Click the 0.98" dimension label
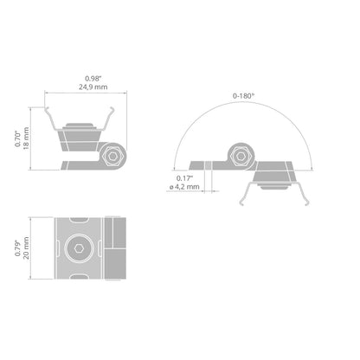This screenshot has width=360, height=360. pos(93,78)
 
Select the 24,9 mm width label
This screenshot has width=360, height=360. pos(93,87)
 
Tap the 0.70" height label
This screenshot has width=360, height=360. pos(18,138)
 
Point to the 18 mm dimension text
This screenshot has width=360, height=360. pos(26,138)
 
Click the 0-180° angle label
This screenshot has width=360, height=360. pos(244,96)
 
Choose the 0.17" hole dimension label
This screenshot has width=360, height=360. pos(184,178)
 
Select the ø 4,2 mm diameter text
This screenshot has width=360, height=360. pos(184,187)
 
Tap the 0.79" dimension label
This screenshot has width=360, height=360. pos(18,248)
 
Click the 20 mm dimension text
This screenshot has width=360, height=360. pos(26,247)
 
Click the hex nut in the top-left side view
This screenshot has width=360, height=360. pos(113,156)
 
